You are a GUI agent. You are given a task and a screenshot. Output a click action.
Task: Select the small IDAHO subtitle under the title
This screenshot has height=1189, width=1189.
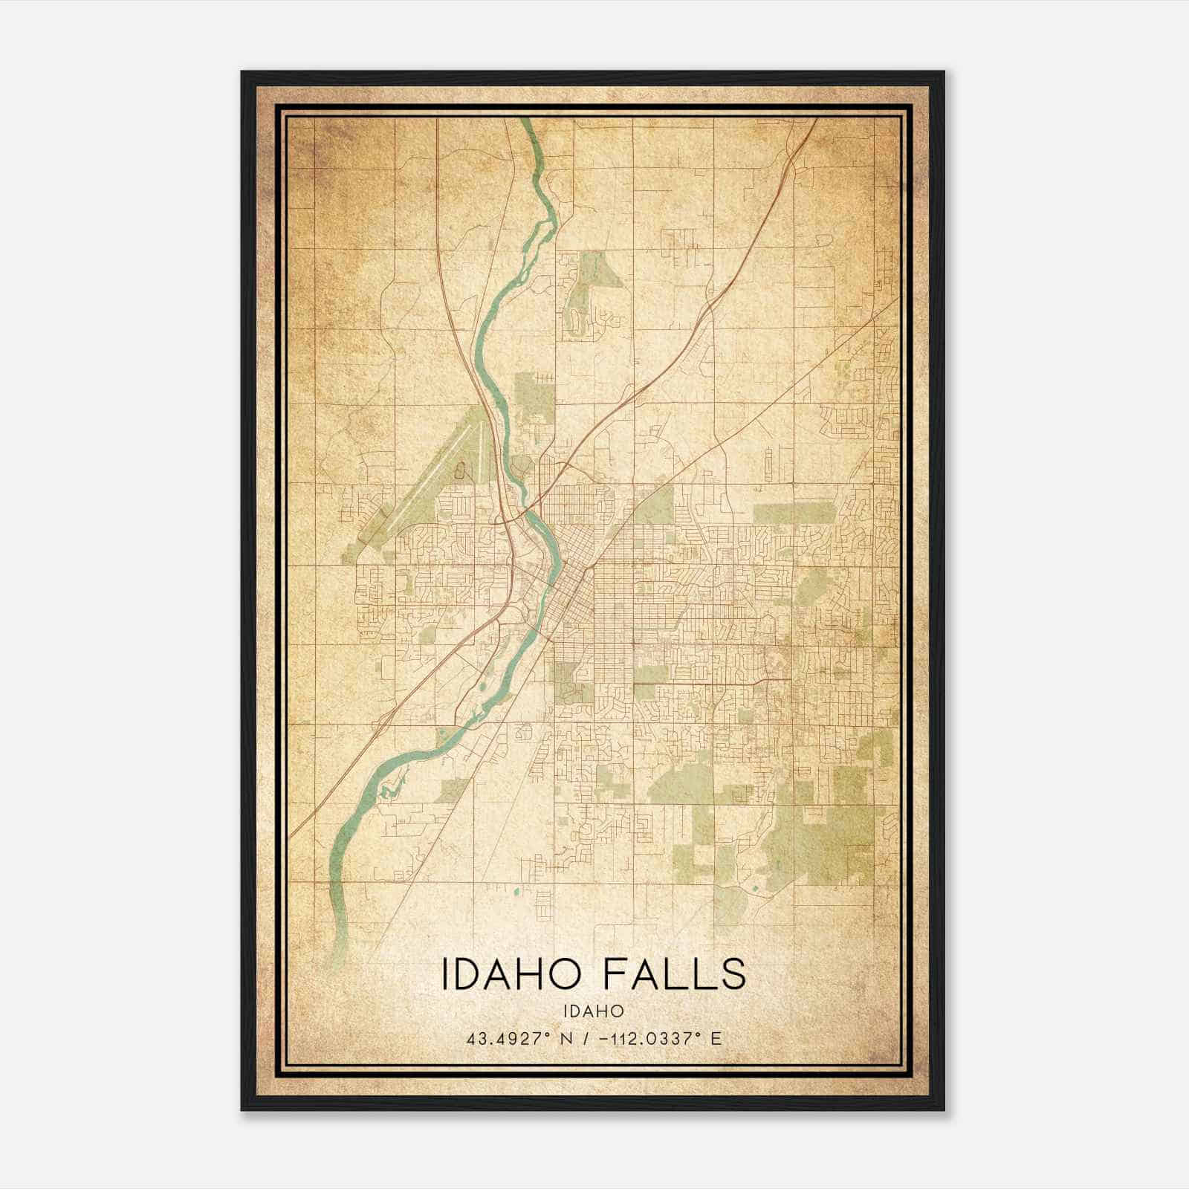click(593, 1011)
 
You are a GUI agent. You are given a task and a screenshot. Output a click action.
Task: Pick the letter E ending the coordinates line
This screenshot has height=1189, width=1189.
click(716, 1039)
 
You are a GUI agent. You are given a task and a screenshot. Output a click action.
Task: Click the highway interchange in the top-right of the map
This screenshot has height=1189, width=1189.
click(792, 156)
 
